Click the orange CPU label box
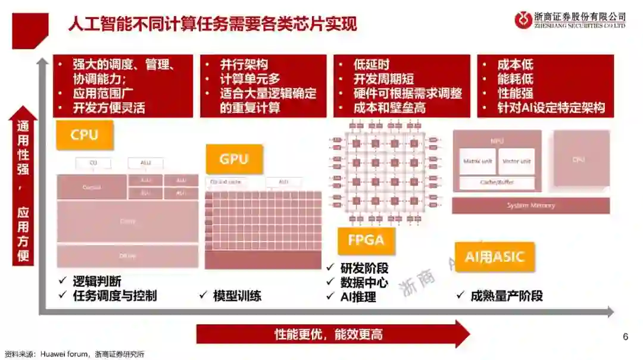(x=85, y=135)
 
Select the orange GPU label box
(x=233, y=159)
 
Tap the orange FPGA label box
(x=366, y=241)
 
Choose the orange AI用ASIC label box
(x=494, y=257)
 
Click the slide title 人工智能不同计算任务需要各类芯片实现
(x=213, y=24)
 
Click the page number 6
(x=625, y=337)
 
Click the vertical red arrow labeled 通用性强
(x=23, y=184)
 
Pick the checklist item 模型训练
(x=237, y=296)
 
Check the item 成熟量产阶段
(x=506, y=296)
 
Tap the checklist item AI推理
(x=358, y=296)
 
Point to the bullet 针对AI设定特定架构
(x=551, y=108)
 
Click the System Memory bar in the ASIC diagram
(x=530, y=205)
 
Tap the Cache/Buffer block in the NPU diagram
(x=497, y=183)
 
